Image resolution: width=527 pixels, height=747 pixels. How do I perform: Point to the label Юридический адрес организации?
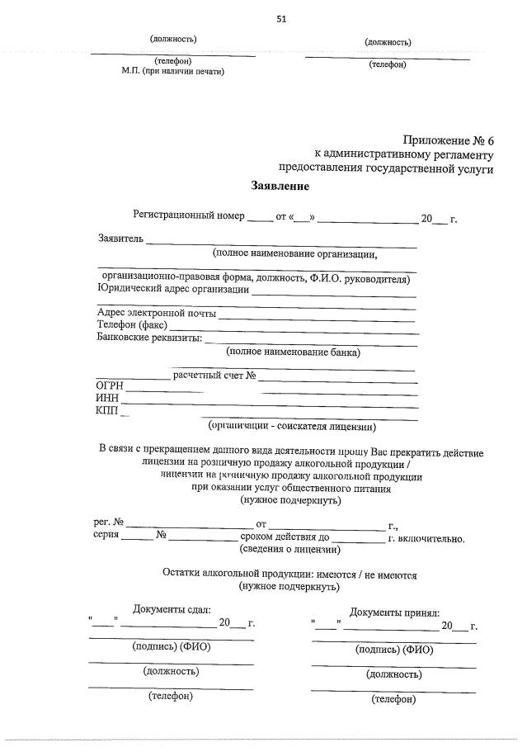[172, 289]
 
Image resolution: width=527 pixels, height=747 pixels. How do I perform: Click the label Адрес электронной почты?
[157, 314]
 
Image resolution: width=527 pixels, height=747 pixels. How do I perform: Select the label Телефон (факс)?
[132, 326]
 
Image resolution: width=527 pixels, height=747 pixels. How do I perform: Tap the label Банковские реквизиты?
[149, 338]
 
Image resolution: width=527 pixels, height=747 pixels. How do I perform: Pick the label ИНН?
[107, 400]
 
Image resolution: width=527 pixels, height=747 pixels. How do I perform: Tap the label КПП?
[107, 412]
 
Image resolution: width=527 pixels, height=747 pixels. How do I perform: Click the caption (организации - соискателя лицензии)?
[292, 427]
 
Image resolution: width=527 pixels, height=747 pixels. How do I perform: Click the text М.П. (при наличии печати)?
[173, 71]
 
